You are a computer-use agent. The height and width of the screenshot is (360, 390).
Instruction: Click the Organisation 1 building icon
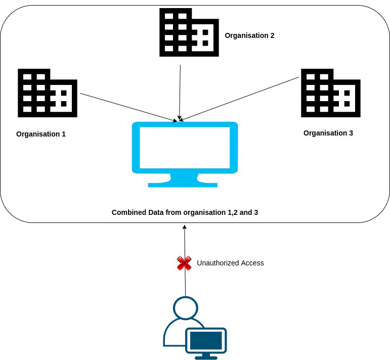click(x=47, y=93)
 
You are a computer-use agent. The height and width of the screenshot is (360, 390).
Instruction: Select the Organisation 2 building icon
click(x=189, y=32)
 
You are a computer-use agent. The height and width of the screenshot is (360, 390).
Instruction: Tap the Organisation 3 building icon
click(x=330, y=93)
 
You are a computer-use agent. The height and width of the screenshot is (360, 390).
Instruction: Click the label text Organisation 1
click(x=41, y=134)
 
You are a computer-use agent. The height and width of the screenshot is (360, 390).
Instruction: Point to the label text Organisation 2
click(x=249, y=35)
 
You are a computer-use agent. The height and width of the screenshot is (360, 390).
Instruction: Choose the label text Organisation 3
click(x=328, y=133)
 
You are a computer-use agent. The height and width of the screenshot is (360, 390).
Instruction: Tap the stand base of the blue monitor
click(x=183, y=185)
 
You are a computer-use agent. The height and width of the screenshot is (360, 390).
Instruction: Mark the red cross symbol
click(x=184, y=263)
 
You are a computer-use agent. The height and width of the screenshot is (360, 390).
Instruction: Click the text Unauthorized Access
click(x=230, y=263)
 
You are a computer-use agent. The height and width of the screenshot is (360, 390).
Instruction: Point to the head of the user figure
click(x=186, y=308)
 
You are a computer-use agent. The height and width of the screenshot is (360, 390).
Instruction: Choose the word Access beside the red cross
click(x=252, y=263)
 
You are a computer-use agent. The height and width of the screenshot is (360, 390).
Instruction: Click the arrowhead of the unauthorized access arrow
click(x=185, y=227)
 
